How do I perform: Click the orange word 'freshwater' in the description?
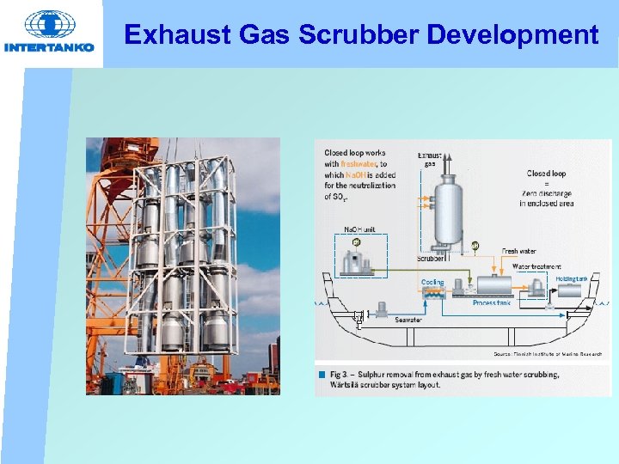(x=359, y=164)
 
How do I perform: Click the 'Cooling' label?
(x=432, y=282)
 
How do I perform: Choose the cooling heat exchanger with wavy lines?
(x=433, y=292)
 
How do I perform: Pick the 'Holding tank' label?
(x=571, y=278)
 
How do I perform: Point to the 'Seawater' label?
(x=408, y=320)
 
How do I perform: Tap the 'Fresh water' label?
(x=519, y=252)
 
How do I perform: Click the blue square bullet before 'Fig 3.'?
(x=322, y=375)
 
